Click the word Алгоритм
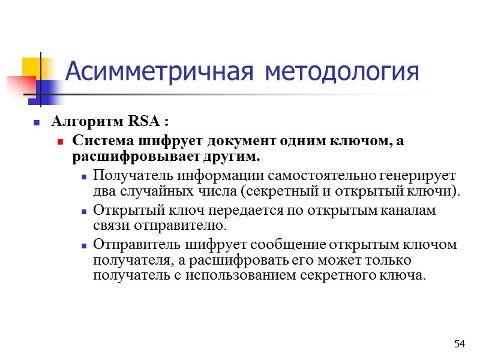[x=88, y=122]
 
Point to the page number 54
[x=460, y=344]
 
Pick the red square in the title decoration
[x=18, y=85]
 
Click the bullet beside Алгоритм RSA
[x=37, y=123]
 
